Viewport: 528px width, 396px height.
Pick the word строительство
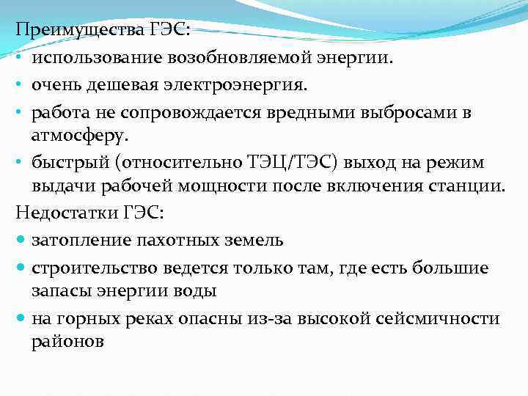click(90, 268)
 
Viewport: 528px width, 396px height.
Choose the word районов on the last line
click(68, 340)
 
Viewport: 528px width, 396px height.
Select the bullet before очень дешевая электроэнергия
click(21, 85)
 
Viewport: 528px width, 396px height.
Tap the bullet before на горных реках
click(21, 318)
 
